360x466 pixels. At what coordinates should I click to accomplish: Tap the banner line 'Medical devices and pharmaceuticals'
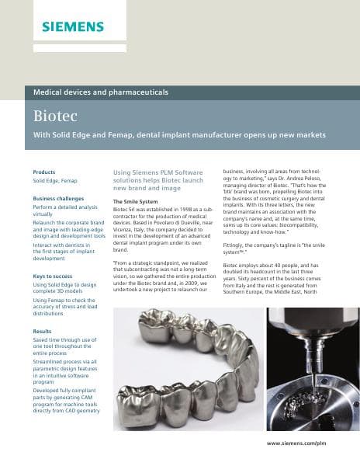(101, 92)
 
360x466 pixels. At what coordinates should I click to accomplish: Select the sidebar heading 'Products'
(43, 171)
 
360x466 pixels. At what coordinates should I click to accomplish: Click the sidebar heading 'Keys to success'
(53, 276)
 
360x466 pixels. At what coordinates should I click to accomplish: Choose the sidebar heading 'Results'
(42, 331)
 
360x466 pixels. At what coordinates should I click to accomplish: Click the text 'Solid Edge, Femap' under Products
(54, 180)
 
